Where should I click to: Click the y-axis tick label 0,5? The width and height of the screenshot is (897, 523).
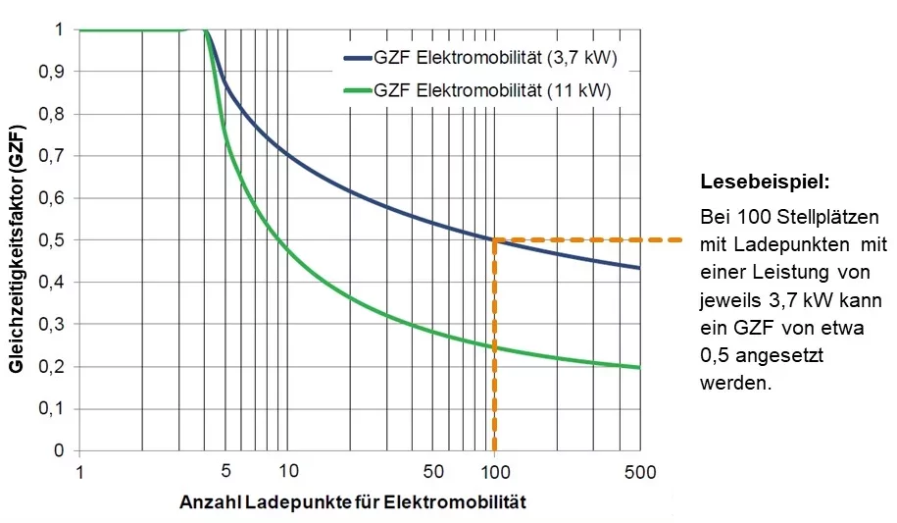coord(50,240)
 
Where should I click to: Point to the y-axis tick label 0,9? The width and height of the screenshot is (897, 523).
coord(50,72)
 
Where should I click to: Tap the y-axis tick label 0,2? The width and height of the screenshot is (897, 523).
coord(50,367)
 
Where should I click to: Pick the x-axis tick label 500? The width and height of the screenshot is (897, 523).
coord(640,471)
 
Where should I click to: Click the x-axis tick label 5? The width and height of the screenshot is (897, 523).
coord(225,471)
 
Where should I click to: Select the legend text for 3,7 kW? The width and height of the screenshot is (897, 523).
coord(494,59)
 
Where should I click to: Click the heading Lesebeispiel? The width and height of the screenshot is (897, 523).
coord(765,183)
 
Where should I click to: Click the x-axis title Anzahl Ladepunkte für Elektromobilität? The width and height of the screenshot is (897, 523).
coord(353,502)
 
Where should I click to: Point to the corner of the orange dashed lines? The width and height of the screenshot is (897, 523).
coord(494,239)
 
